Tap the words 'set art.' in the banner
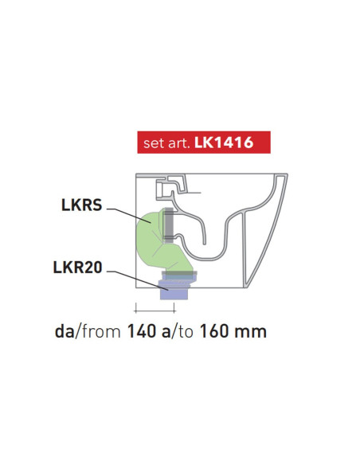166,145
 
